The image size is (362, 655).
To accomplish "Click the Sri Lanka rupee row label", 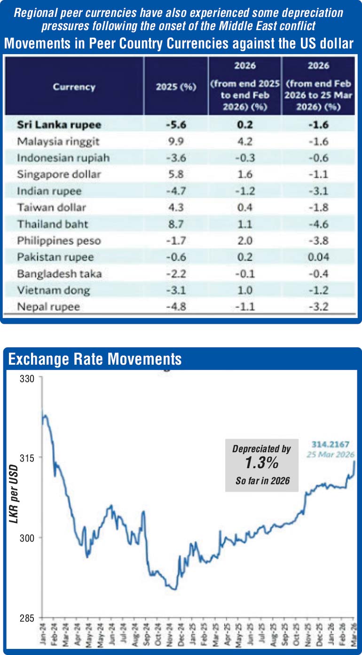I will click(x=59, y=125).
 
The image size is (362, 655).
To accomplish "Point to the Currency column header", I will click(x=74, y=87).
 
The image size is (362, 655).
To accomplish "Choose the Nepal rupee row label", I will click(x=48, y=307).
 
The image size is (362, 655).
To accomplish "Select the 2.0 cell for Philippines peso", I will click(x=245, y=241).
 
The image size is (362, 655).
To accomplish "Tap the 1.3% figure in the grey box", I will click(x=261, y=464).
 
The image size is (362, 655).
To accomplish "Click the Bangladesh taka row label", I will click(x=59, y=274).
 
